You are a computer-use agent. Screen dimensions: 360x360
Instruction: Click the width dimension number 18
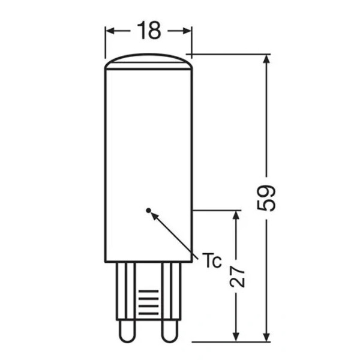click(x=149, y=31)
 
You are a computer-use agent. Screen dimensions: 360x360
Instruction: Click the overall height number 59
click(x=266, y=198)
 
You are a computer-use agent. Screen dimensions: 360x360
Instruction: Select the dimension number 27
click(x=237, y=277)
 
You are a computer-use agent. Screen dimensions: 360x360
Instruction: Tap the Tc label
click(x=212, y=260)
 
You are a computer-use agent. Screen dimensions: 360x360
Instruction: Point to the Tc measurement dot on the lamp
click(x=149, y=210)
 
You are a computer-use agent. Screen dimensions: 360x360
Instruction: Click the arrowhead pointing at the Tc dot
click(x=154, y=216)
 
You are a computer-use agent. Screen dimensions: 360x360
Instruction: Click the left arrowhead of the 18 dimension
click(x=110, y=31)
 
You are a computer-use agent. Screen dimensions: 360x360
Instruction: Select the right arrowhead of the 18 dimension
click(x=187, y=31)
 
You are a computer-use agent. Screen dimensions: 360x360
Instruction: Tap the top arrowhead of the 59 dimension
click(x=266, y=59)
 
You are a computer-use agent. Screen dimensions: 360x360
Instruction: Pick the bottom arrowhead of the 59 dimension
click(x=266, y=337)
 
